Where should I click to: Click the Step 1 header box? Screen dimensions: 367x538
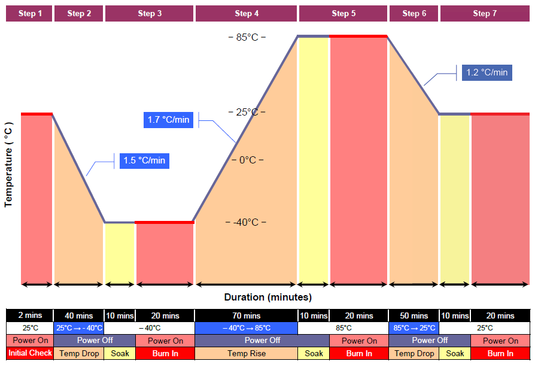point(29,13)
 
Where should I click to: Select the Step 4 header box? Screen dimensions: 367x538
point(247,13)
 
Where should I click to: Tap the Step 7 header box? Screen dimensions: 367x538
point(485,13)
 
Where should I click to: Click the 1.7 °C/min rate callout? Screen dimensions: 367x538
point(168,120)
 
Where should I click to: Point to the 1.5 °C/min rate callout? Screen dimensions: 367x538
point(144,160)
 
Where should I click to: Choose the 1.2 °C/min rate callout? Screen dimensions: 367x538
point(487,72)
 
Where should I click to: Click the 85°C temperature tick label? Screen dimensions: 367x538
point(247,37)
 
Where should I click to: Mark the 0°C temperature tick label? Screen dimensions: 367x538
point(247,160)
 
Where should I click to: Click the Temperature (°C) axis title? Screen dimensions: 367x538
point(8,164)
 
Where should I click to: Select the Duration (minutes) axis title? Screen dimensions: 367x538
point(268,297)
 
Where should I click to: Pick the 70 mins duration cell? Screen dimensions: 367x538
point(246,316)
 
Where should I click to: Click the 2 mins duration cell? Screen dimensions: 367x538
point(30,316)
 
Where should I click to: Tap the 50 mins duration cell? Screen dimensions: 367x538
point(413,316)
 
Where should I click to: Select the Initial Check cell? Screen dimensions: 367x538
point(30,353)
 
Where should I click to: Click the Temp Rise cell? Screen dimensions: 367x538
point(246,353)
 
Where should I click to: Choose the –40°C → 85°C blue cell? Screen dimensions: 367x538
point(246,328)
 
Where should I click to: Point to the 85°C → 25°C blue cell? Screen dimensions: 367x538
point(413,328)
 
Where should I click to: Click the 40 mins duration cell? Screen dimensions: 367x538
point(79,316)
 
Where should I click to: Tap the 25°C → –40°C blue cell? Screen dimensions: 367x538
point(79,328)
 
